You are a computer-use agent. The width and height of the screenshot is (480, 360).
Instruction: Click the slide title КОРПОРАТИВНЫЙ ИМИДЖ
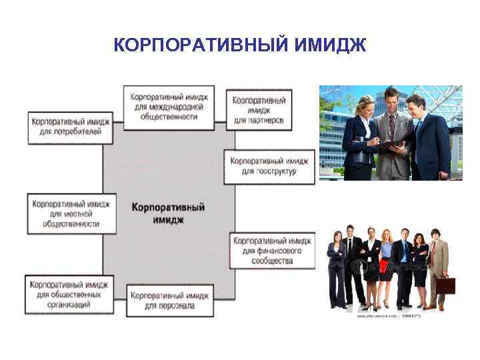click(x=240, y=45)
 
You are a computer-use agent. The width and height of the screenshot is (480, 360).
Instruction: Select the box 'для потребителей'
click(x=69, y=127)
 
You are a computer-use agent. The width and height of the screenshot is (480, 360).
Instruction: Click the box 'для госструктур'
click(x=269, y=166)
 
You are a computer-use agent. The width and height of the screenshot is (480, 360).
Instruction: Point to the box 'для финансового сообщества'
click(x=272, y=250)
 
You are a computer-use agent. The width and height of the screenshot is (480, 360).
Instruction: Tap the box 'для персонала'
click(x=169, y=301)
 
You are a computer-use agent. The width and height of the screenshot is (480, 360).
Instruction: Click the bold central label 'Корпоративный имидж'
click(x=168, y=213)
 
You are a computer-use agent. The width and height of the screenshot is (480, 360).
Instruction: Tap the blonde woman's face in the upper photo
click(x=366, y=106)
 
